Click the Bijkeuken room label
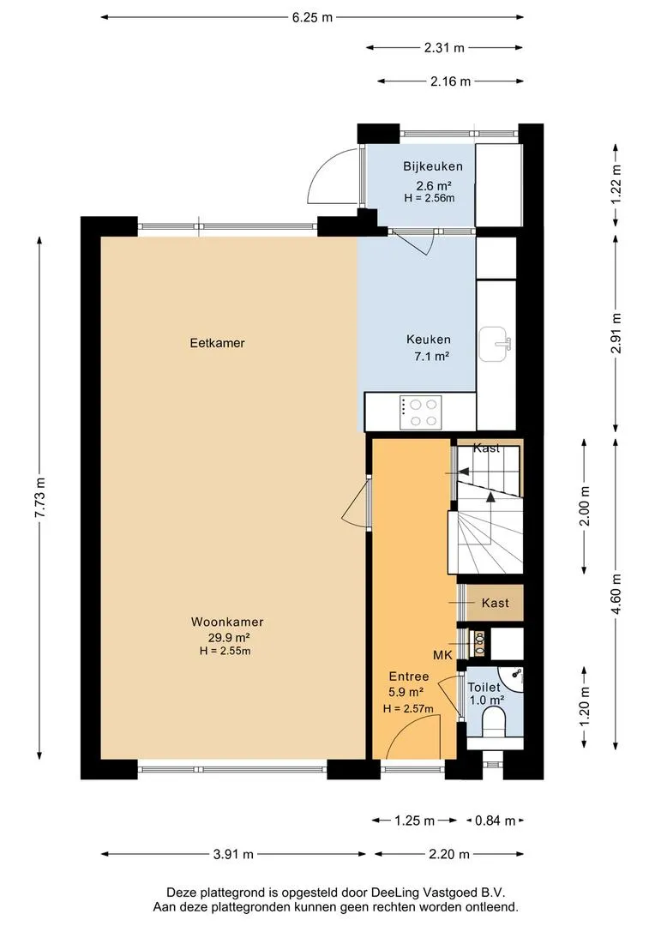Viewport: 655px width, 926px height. [x=433, y=166]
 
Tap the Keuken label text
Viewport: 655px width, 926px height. [x=428, y=340]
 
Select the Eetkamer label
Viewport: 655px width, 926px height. [x=218, y=343]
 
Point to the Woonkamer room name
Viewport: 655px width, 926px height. [x=227, y=622]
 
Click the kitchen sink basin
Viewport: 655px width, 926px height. [x=495, y=344]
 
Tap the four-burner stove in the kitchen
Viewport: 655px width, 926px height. [x=421, y=412]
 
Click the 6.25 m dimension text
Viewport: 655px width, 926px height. [x=312, y=18]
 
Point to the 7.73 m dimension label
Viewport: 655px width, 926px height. [x=39, y=497]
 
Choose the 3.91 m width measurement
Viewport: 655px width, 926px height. [x=233, y=854]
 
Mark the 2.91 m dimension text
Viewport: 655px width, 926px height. [x=616, y=333]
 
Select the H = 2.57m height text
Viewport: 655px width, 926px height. [x=408, y=709]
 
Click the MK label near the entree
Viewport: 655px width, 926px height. [x=442, y=655]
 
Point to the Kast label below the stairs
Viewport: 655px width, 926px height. [x=495, y=603]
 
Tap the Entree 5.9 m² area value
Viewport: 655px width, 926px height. [x=406, y=692]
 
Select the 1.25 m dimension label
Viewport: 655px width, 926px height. [x=415, y=821]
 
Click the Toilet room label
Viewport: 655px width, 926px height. [x=484, y=688]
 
